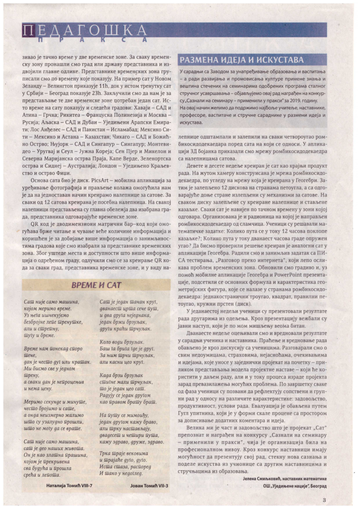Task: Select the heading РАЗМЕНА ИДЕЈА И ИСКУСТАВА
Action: point(242,60)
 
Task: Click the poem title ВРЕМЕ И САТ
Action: point(97,285)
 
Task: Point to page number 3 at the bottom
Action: point(324,500)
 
